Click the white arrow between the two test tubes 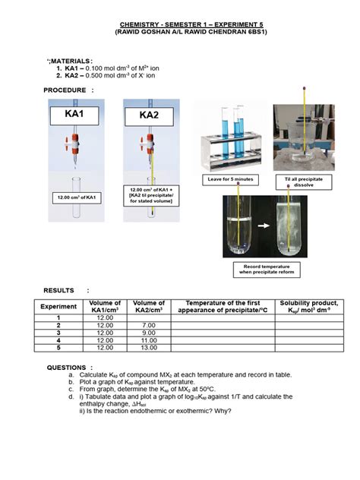(260, 226)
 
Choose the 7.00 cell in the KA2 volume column (148, 324)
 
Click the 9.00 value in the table (148, 332)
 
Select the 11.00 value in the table (148, 339)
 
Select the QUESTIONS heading (68, 367)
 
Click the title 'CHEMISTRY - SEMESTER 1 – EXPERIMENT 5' (179, 24)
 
